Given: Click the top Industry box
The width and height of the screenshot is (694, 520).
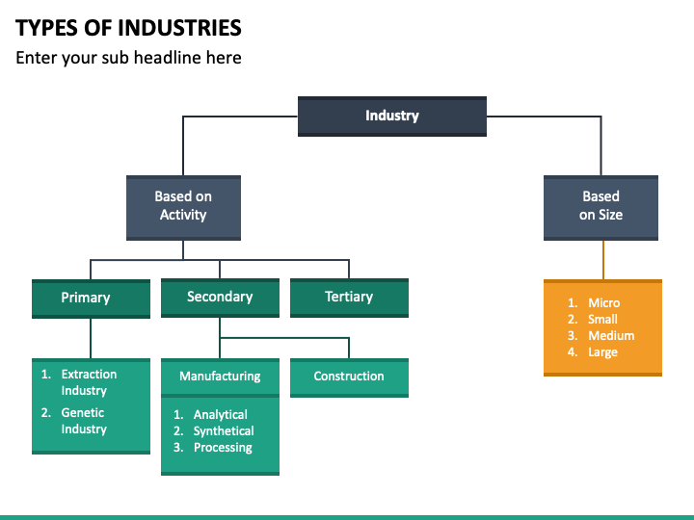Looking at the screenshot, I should point(391,116).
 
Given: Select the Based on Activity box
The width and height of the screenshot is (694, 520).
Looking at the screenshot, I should point(183,206).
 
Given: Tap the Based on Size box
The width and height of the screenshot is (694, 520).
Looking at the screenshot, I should point(601,206).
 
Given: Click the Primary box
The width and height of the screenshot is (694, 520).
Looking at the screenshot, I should point(91,298).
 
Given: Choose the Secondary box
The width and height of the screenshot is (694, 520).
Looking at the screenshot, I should point(220,297).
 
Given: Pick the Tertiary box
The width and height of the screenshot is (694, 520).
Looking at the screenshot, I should point(349,297).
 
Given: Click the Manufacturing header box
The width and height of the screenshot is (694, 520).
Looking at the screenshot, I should point(220,376).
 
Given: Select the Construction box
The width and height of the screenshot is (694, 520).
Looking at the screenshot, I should point(349,377).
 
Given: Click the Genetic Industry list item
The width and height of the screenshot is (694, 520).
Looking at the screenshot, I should point(84,421).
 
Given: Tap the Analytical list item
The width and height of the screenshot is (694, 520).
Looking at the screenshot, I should point(220,415).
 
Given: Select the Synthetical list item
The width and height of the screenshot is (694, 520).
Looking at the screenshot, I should point(223,431).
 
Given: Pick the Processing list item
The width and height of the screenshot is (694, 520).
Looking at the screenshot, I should point(222,448).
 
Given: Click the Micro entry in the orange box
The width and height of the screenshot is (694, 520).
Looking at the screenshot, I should point(603,303).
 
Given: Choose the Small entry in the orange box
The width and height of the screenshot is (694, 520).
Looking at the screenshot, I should point(602,320).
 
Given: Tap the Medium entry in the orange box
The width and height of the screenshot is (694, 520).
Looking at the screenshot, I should point(610,336).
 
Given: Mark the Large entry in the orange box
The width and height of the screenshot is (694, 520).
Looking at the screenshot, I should point(602,352).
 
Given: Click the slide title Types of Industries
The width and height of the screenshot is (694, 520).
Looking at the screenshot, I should point(128,27).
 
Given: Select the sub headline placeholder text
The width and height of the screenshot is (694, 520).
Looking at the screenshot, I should point(128,58).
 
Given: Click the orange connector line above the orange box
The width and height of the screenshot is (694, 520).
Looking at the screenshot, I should point(603,260).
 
